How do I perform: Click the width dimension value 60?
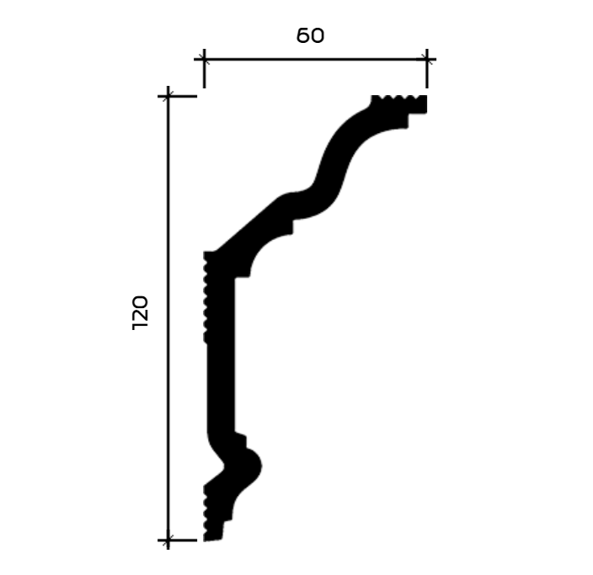coord(310,36)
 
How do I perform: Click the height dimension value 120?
coord(140,312)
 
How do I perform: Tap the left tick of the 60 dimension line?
coord(204,60)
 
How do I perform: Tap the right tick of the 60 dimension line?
coord(427,60)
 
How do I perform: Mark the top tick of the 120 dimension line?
coord(168,97)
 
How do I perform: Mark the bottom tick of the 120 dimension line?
coord(168,540)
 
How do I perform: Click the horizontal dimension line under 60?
coord(315,60)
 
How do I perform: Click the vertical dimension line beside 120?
coord(168,318)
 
